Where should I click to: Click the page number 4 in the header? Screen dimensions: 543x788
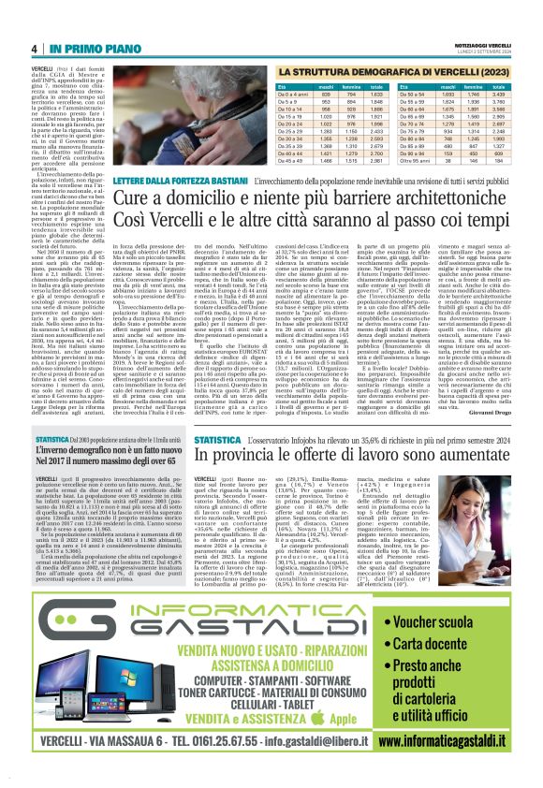[x=34, y=48]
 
